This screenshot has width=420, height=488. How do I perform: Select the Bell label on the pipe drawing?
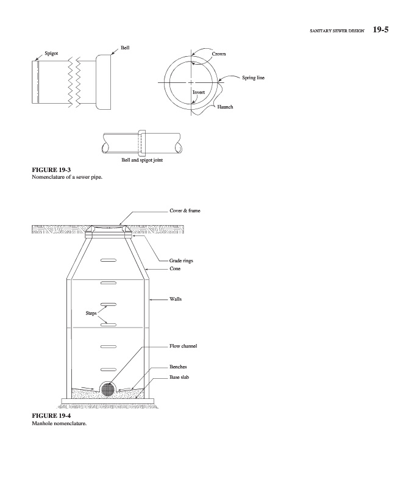125,47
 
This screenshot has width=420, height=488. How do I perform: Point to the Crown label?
219,54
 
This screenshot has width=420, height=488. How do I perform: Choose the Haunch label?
226,107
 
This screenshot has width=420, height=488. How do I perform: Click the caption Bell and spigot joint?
141,160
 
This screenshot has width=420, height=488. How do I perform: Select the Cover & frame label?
185,210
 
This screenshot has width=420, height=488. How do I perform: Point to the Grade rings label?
182,260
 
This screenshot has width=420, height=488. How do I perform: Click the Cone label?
175,268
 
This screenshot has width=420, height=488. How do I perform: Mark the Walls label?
176,299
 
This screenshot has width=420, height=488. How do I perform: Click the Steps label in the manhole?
92,314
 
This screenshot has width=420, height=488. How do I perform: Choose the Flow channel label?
183,346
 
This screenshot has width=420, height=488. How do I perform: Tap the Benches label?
178,368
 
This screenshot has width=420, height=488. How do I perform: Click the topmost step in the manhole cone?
109,260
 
